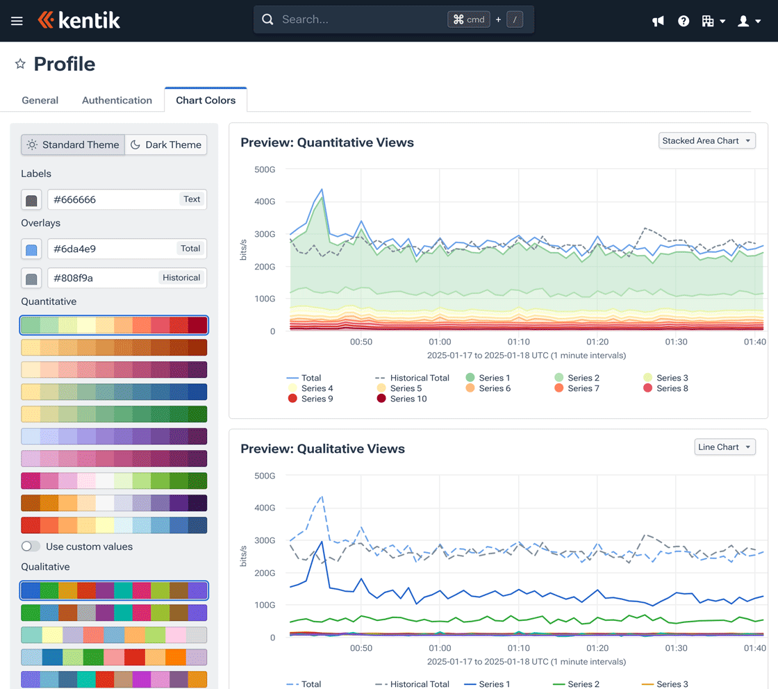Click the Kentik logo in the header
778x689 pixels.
tap(79, 20)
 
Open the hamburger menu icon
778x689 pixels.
tap(17, 21)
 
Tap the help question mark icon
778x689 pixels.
tap(684, 21)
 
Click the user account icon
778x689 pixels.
tap(744, 21)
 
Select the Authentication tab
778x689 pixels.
tap(117, 100)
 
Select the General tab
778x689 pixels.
tap(40, 100)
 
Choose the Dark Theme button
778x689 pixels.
tap(166, 144)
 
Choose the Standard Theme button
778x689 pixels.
tap(73, 144)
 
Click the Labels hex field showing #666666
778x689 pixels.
tap(111, 199)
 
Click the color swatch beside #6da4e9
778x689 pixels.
tap(31, 249)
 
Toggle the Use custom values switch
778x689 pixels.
tap(31, 547)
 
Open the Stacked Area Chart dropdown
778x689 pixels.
tap(706, 141)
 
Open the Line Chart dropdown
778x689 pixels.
tap(725, 447)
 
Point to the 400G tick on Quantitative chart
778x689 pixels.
tap(264, 201)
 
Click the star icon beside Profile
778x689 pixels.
tap(20, 64)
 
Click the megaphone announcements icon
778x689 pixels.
tap(658, 21)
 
